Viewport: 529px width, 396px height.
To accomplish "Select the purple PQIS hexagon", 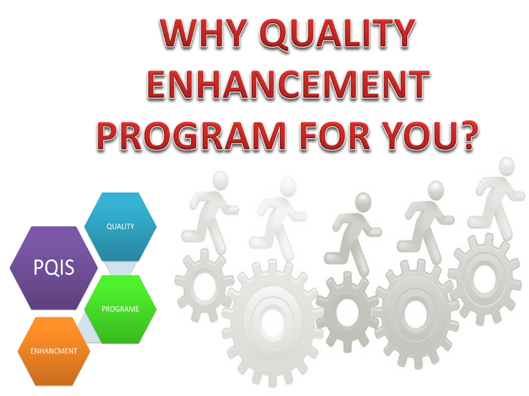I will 53,268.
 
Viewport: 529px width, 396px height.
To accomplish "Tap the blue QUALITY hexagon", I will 121,227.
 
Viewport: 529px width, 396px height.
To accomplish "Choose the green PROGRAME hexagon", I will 121,309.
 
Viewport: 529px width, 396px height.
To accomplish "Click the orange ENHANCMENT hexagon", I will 53,351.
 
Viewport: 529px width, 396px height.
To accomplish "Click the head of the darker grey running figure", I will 363,201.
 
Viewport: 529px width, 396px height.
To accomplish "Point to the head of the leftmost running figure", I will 221,180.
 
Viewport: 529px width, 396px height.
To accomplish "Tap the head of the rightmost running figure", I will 506,166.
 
